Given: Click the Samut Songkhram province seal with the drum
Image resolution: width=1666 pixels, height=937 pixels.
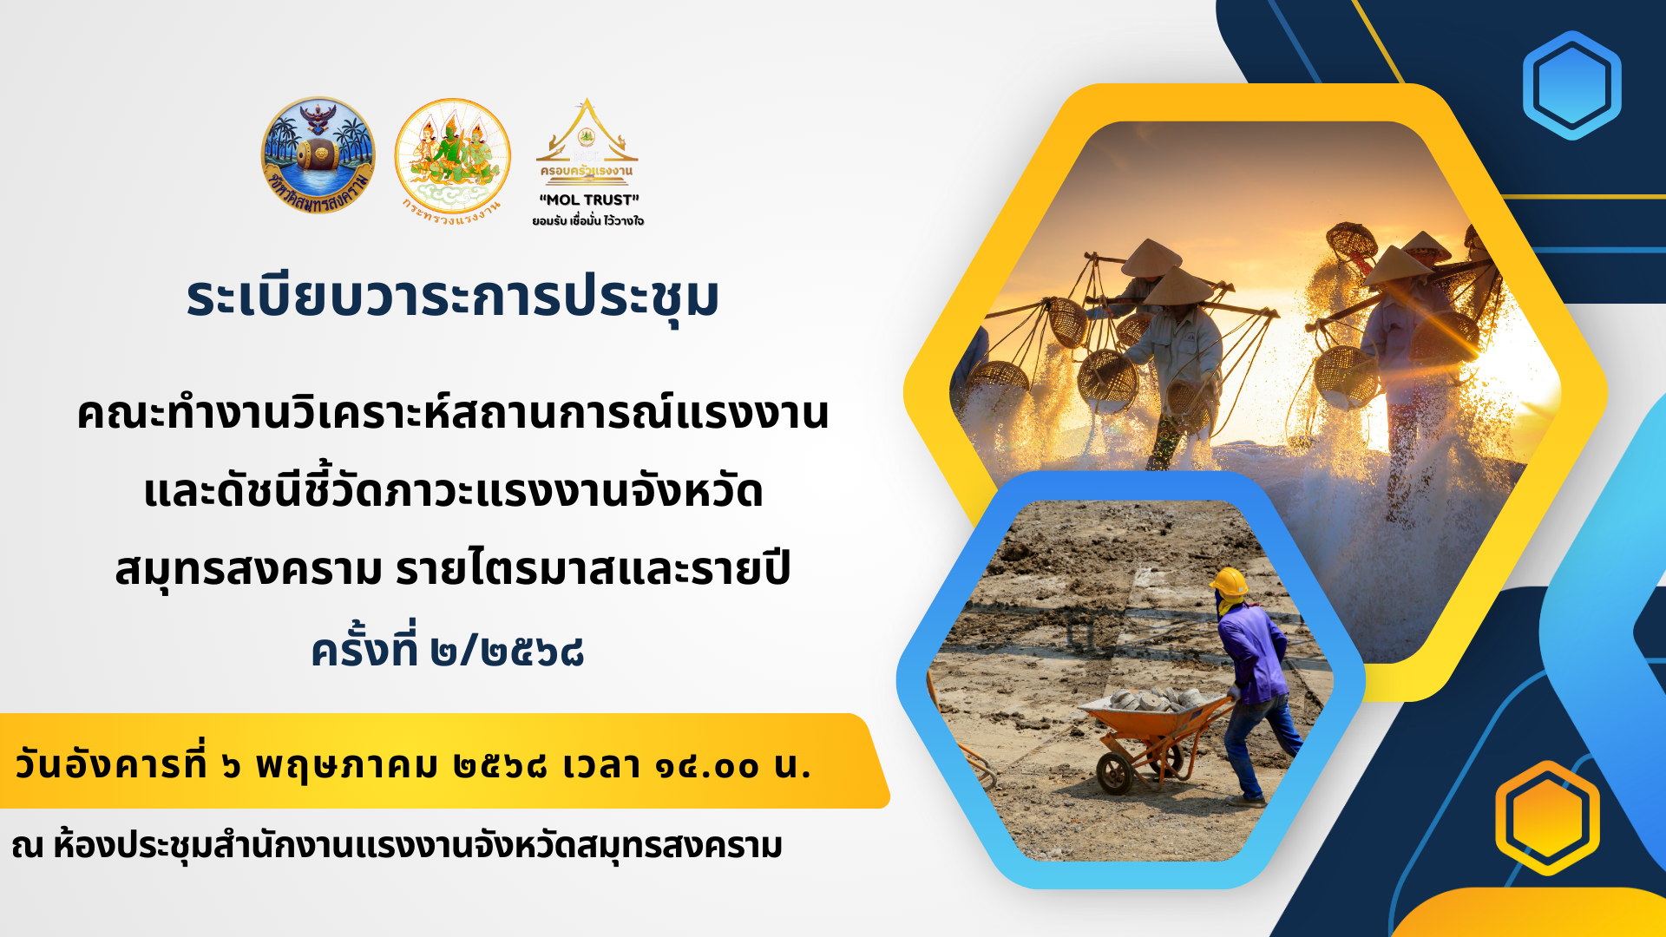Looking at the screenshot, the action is coord(318,155).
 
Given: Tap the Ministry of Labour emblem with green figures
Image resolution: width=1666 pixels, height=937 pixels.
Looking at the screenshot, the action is coord(452,156).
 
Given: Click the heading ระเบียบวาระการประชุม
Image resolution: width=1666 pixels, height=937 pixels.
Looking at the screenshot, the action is coord(453,297).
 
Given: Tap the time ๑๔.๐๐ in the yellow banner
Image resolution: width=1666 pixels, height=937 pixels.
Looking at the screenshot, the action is coord(707,766).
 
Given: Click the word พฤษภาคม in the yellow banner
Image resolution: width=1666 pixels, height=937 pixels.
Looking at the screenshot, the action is coord(347,767).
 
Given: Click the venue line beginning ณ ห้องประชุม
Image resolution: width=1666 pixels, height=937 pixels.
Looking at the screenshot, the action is coord(397,844).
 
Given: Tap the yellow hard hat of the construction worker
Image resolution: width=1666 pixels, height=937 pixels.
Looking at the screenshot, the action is coord(1229,582).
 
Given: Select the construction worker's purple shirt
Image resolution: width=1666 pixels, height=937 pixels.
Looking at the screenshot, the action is coord(1253,649).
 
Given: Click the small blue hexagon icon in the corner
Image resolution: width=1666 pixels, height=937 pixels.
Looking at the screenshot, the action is coord(1571,85).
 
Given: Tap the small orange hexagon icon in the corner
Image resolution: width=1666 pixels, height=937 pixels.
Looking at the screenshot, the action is coord(1547,817).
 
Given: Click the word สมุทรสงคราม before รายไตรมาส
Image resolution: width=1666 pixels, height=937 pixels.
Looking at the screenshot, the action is coord(248,569).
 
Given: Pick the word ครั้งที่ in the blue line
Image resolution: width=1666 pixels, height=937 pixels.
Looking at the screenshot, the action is coord(364,645).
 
